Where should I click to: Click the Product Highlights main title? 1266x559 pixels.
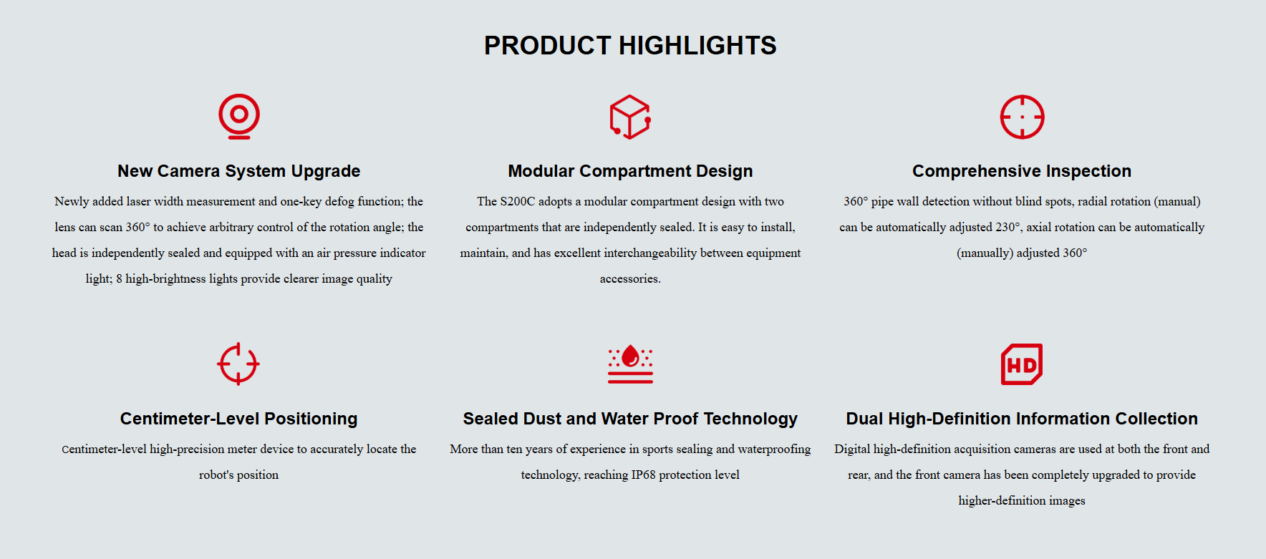point(630,45)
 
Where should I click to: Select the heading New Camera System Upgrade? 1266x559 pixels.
point(239,171)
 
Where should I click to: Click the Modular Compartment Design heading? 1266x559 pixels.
point(630,171)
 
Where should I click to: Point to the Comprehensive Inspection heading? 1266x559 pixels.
point(1022,171)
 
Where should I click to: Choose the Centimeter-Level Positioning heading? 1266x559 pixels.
point(239,419)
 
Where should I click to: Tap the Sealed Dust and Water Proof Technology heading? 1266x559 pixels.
point(630,419)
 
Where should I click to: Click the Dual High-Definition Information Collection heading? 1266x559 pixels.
point(1022,419)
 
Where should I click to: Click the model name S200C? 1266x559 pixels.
point(518,202)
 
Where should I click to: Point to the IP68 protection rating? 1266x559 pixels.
point(643,475)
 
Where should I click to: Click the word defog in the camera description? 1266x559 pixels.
point(340,202)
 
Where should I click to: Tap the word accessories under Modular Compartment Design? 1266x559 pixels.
point(630,279)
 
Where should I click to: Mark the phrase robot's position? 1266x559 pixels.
point(239,475)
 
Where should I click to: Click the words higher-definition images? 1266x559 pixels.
point(1022,501)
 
